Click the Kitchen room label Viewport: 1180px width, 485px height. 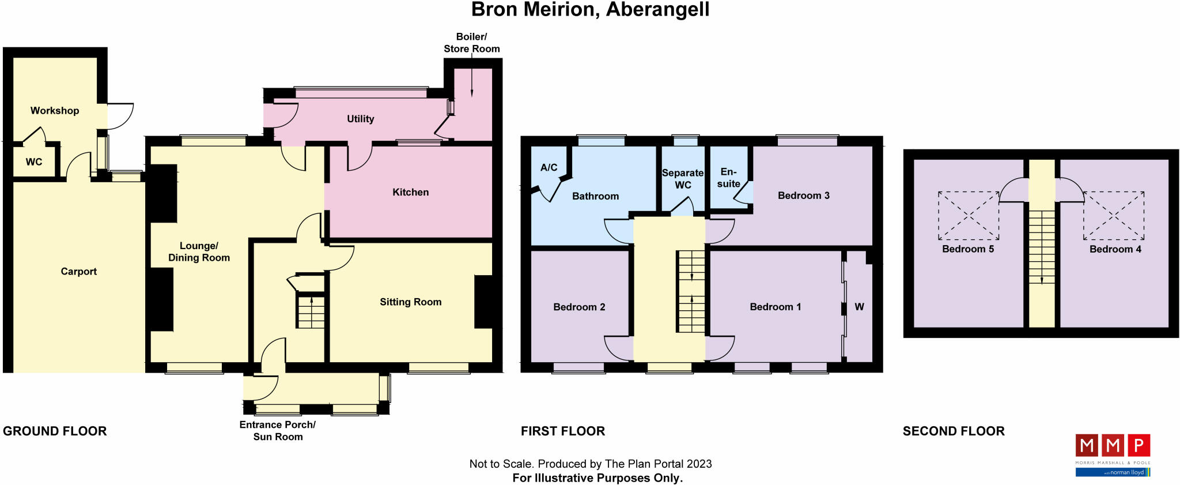pos(410,192)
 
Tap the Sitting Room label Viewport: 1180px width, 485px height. pos(410,302)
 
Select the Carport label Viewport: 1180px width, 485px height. pos(78,271)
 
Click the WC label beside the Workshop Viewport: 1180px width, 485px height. pos(34,162)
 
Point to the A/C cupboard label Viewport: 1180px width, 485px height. pos(549,167)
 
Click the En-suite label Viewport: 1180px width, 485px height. pos(728,178)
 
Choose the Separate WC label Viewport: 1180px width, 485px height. pos(683,179)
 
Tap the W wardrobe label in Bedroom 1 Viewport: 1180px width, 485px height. pos(859,307)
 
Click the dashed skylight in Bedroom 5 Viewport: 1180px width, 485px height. pos(969,216)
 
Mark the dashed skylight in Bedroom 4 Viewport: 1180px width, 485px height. pos(1114,216)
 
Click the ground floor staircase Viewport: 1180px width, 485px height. pos(311,311)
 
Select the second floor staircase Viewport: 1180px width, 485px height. pos(1042,247)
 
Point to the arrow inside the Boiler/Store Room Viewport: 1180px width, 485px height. pos(472,81)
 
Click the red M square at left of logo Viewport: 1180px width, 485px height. pos(1087,445)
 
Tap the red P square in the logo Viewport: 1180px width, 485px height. pos(1139,445)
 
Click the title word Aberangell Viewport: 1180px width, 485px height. pos(657,10)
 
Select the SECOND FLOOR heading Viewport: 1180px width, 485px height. pos(953,431)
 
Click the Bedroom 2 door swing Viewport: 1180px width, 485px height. pos(618,348)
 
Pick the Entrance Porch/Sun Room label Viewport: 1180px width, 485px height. pos(278,431)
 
